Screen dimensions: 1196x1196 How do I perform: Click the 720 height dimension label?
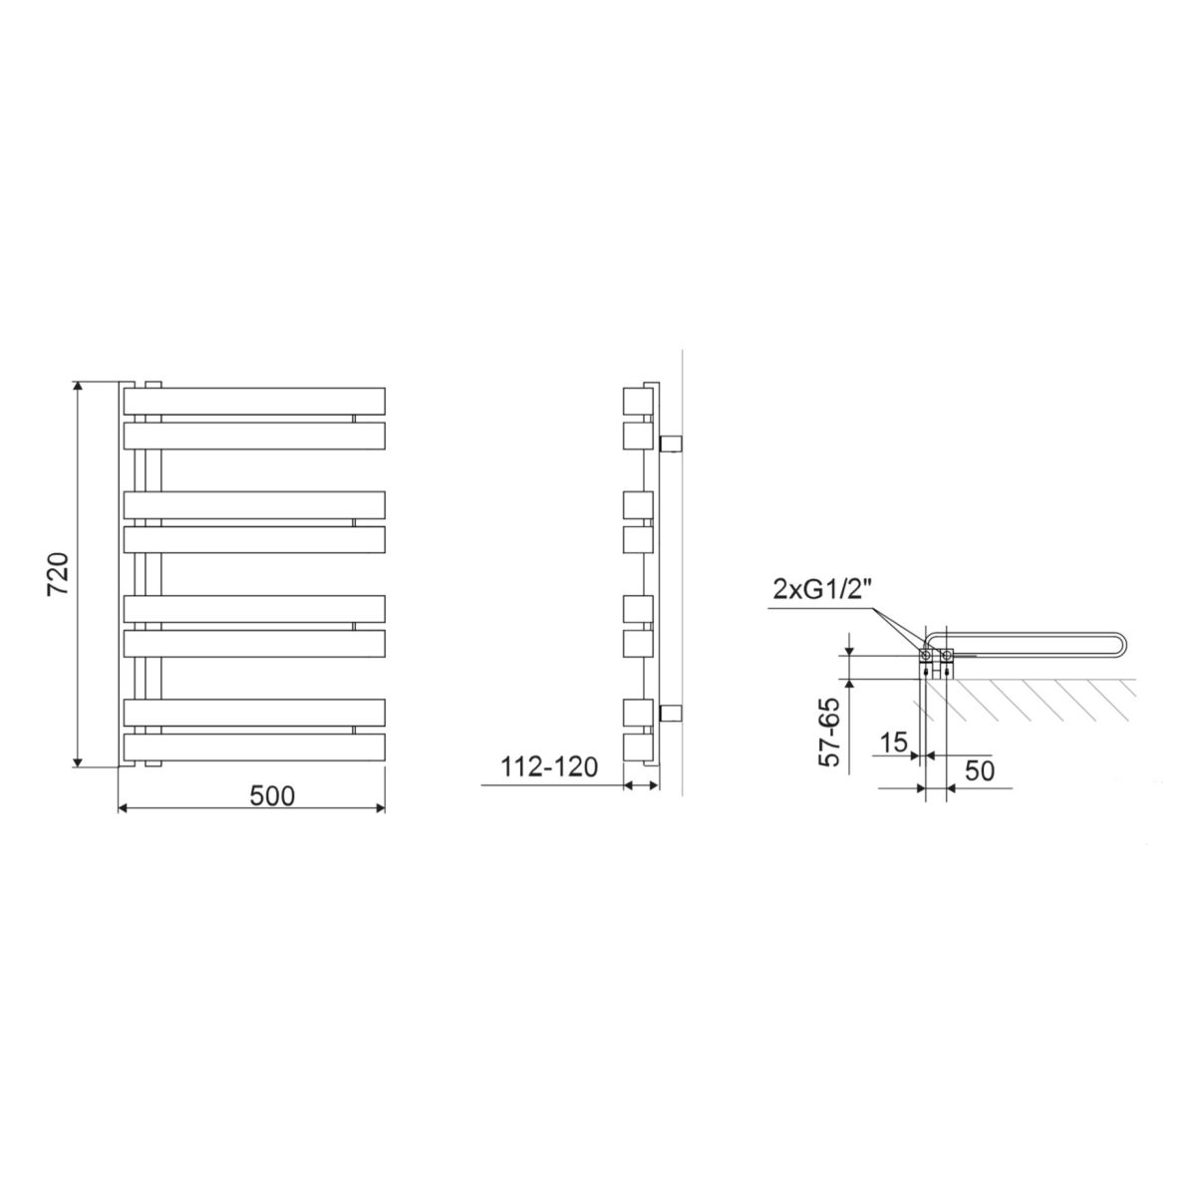click(59, 573)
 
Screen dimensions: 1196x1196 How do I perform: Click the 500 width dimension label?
click(272, 796)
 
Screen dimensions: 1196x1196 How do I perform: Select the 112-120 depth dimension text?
click(548, 767)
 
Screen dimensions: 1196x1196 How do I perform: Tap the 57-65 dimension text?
click(828, 732)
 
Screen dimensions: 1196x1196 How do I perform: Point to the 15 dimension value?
click(894, 743)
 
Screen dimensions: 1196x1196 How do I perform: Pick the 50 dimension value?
click(980, 770)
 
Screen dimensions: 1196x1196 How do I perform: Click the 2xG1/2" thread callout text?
click(822, 589)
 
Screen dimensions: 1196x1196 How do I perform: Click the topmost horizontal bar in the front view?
click(254, 401)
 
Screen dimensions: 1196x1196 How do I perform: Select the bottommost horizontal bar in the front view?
click(254, 747)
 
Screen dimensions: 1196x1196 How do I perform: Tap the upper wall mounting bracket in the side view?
click(671, 445)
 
